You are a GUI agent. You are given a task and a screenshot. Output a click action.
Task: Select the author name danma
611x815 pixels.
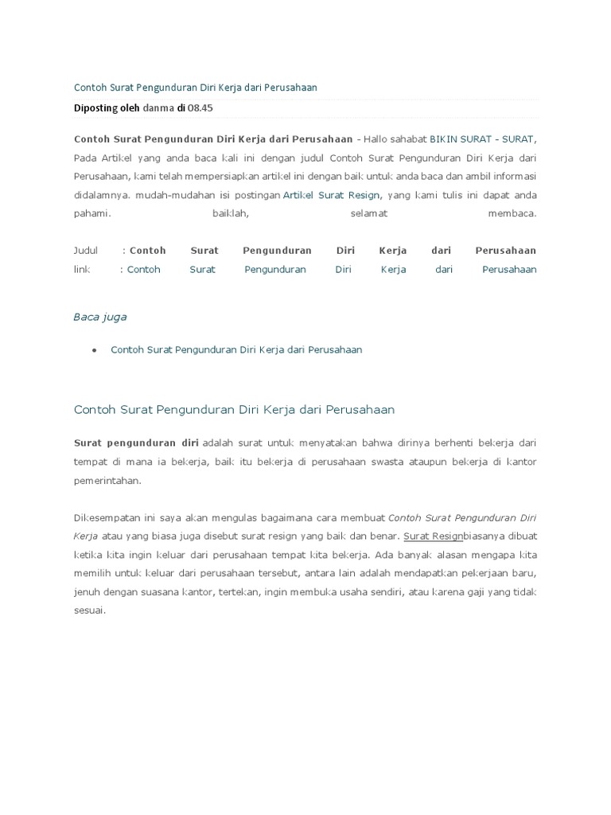(x=158, y=107)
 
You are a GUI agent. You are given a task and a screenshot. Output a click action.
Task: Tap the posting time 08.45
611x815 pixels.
(x=200, y=107)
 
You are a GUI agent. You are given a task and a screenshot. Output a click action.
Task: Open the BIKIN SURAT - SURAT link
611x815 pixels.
(x=483, y=139)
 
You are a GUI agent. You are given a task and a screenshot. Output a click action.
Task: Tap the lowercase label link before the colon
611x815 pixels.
(x=82, y=269)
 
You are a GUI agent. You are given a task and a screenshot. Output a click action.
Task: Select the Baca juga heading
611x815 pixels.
(x=100, y=317)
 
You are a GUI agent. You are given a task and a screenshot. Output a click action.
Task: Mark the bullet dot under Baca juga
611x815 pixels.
(x=95, y=350)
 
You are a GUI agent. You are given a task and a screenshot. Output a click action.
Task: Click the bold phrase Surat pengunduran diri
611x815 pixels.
(x=136, y=443)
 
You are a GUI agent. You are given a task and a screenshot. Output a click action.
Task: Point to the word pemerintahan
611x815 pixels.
(x=106, y=481)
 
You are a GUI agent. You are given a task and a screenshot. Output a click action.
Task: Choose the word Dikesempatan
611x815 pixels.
(x=106, y=518)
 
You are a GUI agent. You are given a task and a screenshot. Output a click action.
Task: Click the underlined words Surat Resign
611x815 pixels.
(x=433, y=536)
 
